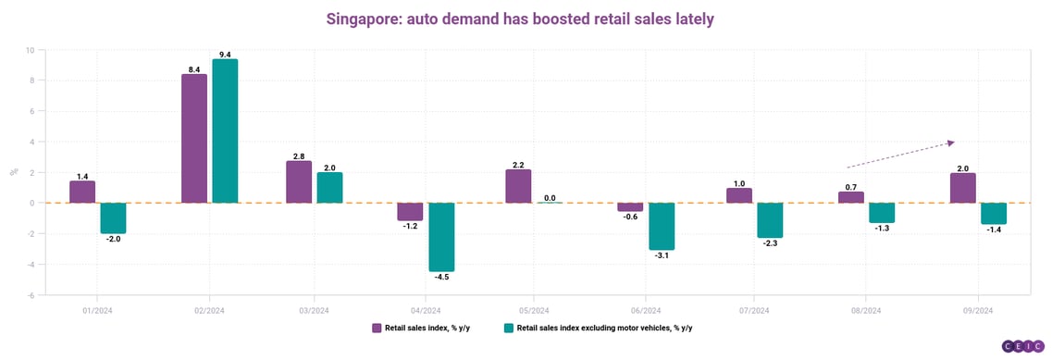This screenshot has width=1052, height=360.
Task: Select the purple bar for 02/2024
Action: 194,139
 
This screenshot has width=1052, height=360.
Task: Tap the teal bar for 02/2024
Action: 225,131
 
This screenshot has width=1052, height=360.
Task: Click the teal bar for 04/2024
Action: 441,237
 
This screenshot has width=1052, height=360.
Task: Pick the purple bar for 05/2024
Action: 518,186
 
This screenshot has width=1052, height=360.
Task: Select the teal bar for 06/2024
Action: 662,227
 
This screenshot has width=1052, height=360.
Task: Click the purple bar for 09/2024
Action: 964,188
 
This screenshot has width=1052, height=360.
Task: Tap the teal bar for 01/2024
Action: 113,218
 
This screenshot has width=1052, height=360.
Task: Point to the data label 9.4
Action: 225,54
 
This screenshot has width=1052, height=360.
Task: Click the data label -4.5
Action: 441,278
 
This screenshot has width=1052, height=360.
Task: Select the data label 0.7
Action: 850,186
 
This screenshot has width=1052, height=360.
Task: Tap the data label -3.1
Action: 662,256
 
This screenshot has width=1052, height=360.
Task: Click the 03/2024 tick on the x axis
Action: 315,310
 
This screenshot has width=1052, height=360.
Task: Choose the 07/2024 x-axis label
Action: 754,310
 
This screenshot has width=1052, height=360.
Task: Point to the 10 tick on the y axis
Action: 31,50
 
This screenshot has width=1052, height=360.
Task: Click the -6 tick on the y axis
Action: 31,295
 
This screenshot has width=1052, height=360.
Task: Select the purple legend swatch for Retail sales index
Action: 377,328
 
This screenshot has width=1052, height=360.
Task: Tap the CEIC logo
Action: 1023,346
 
